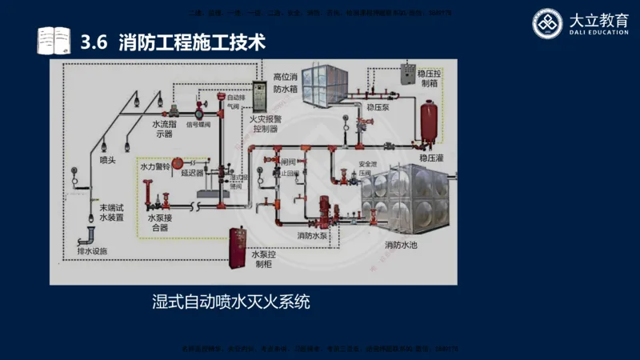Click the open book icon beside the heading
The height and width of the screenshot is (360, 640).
(x=53, y=40)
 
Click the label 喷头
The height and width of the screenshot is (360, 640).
(x=108, y=160)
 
